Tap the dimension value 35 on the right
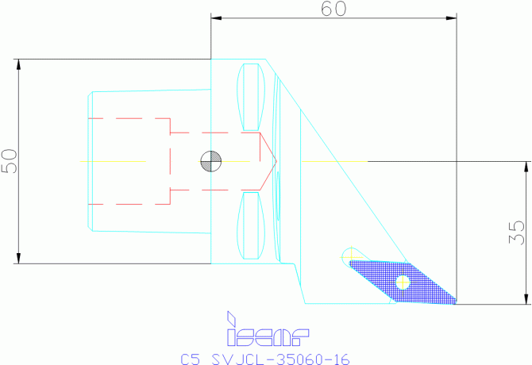pos(517,232)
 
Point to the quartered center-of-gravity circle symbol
pos(211,161)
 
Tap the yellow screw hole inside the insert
pos(403,280)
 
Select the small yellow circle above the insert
pos(348,255)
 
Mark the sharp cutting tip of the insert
pos(456,302)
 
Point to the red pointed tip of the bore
pos(275,161)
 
